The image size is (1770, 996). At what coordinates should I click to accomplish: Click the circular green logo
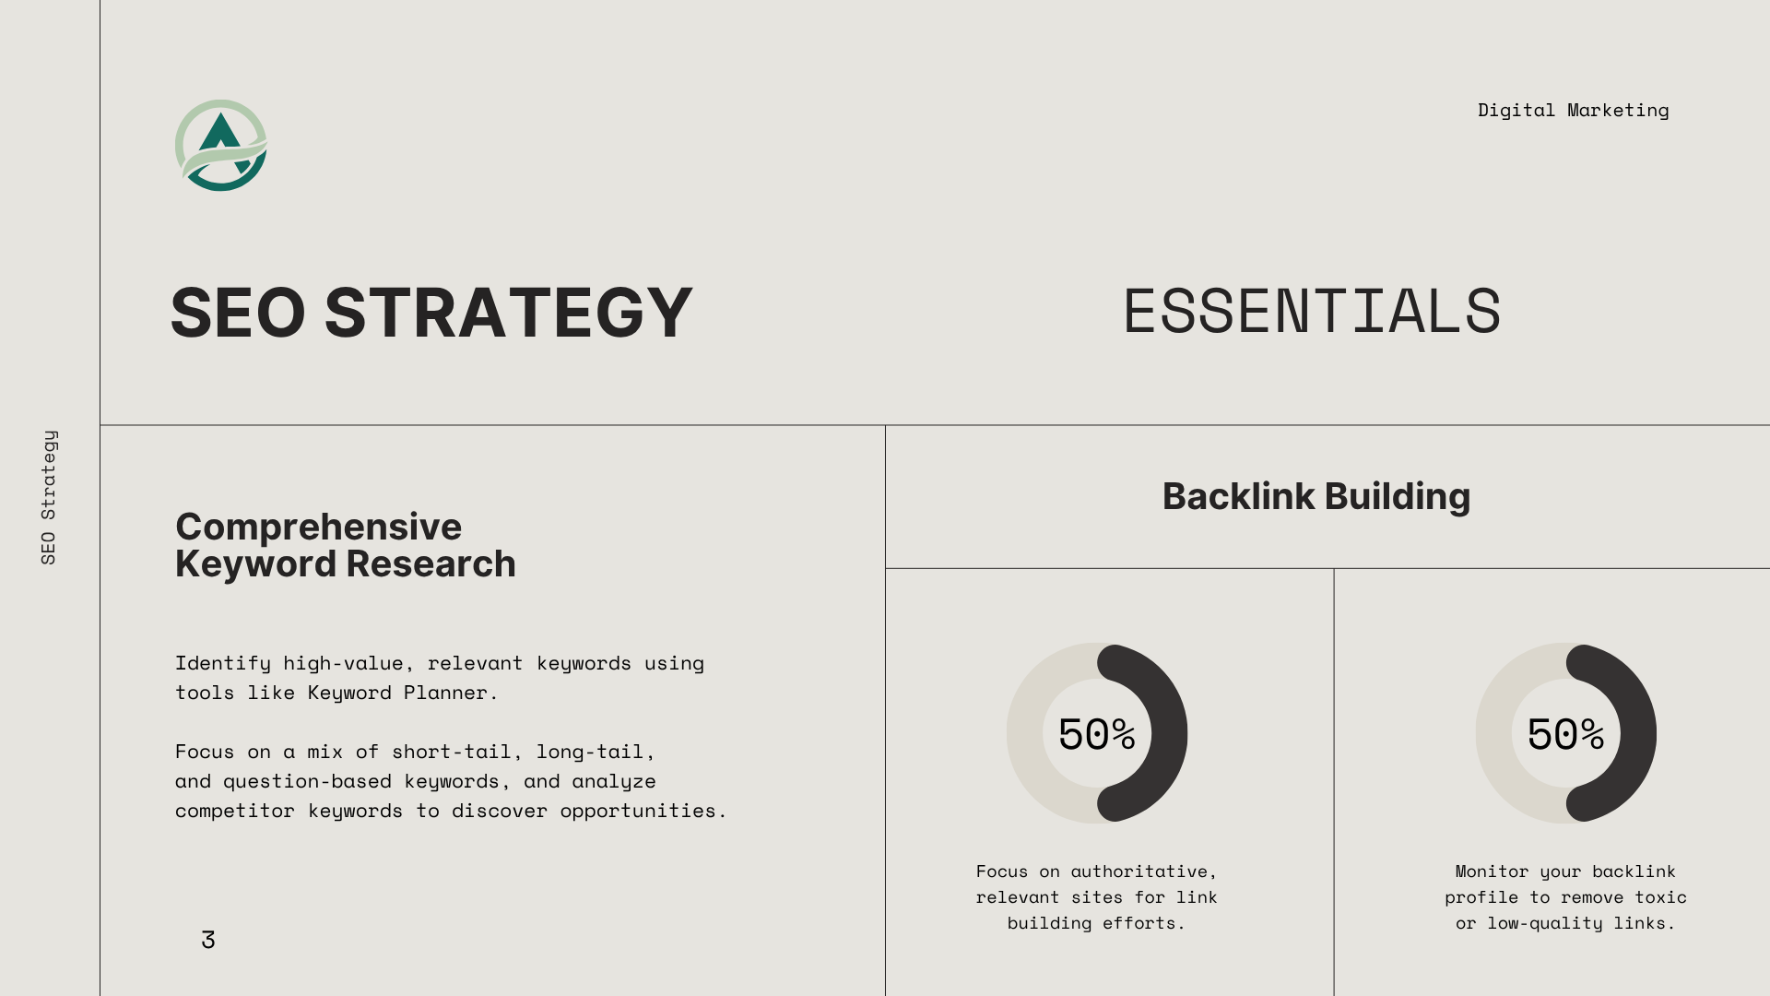[x=221, y=146]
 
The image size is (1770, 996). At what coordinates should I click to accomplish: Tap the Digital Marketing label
[x=1573, y=111]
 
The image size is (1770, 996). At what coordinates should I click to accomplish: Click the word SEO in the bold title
[x=238, y=313]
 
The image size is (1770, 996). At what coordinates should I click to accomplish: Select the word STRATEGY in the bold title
[x=508, y=313]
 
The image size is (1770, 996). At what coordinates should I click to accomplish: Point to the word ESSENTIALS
[x=1312, y=312]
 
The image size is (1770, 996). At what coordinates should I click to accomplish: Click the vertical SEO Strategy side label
[x=49, y=497]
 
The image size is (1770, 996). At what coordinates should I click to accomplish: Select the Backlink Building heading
[x=1316, y=496]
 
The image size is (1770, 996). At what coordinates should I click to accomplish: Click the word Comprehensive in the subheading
[x=318, y=528]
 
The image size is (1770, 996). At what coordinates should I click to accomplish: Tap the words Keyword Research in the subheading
[x=346, y=564]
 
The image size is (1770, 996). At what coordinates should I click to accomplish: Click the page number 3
[x=208, y=940]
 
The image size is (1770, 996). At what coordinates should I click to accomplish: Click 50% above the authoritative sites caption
[x=1096, y=735]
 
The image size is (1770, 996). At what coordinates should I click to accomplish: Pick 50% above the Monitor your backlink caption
[x=1565, y=735]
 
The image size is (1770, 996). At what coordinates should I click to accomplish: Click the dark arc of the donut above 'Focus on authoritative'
[x=1170, y=733]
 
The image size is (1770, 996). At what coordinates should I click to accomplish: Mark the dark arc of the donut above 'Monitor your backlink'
[x=1639, y=733]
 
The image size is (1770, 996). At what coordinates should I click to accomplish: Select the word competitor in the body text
[x=235, y=812]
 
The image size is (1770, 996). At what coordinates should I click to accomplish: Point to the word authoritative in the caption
[x=1139, y=872]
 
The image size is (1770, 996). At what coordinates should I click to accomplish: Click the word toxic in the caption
[x=1661, y=897]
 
